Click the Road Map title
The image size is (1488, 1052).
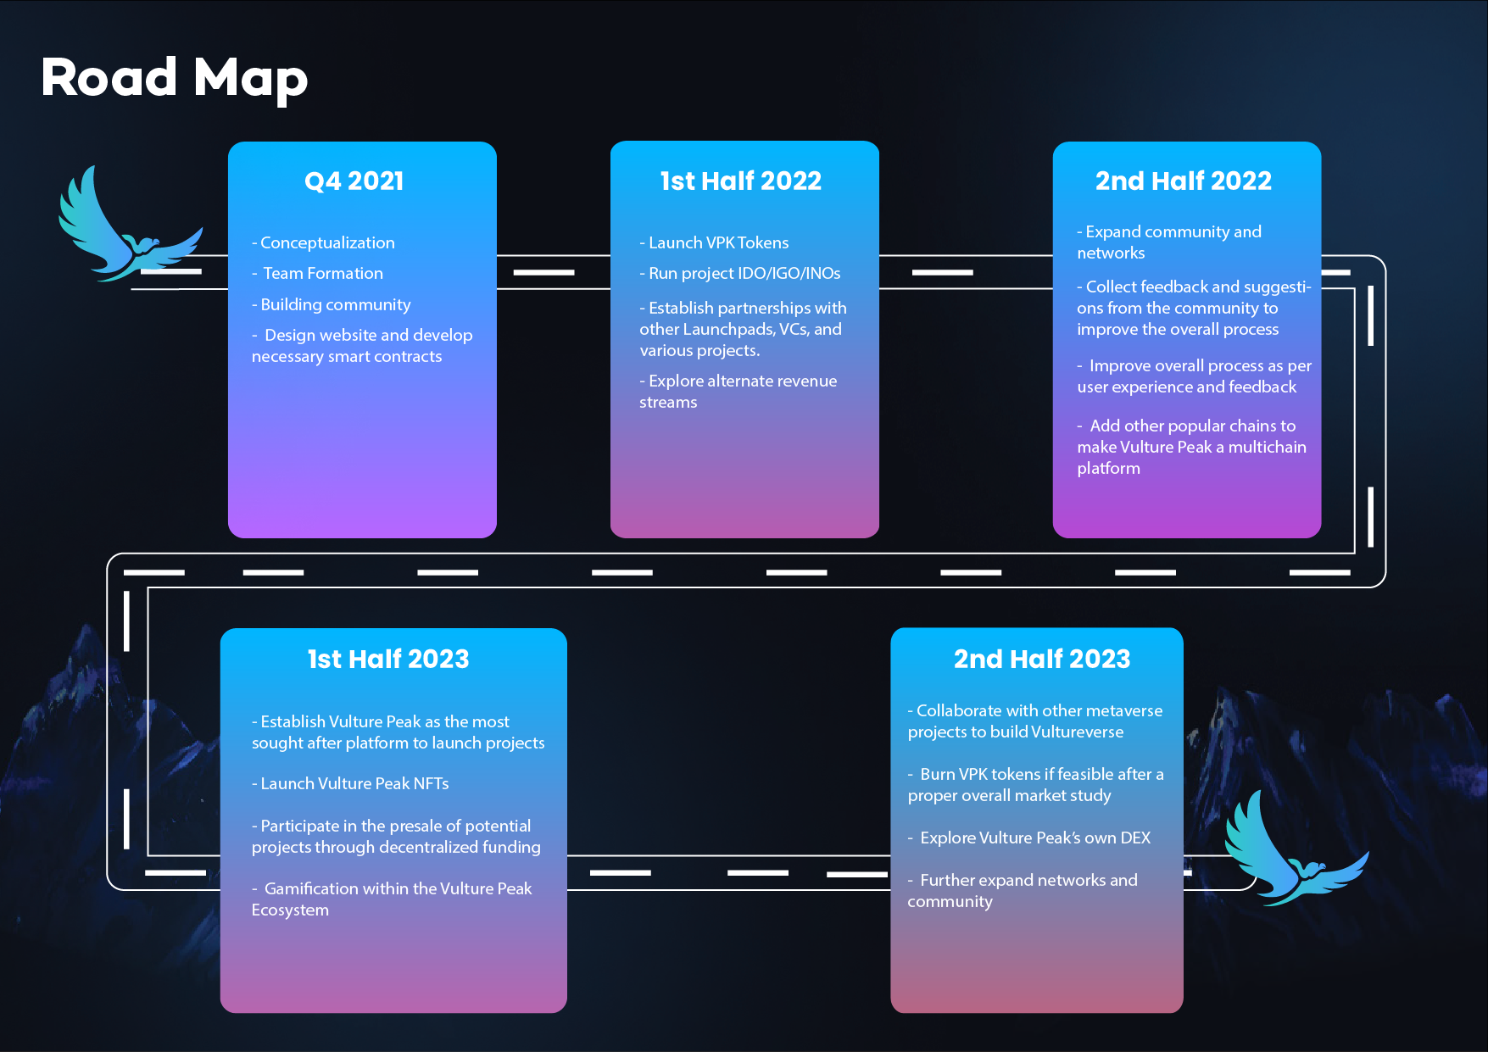tap(174, 78)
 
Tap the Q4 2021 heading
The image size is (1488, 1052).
tap(354, 181)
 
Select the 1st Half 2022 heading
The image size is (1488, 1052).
tap(741, 181)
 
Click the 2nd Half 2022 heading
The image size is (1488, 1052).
tap(1184, 181)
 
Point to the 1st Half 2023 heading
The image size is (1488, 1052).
tap(388, 659)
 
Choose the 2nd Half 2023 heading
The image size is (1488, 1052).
tap(1042, 659)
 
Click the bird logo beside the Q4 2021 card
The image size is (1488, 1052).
tap(130, 225)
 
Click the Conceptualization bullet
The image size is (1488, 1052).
tap(323, 242)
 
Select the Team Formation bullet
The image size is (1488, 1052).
tap(318, 273)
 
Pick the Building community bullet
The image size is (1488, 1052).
tap(331, 304)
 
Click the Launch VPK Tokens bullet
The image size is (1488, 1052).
tap(714, 242)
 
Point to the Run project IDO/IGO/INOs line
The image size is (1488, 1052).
tap(740, 273)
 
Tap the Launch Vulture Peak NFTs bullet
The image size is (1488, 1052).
tap(350, 783)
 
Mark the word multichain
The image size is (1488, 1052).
tap(1268, 447)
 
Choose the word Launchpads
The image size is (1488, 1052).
tap(728, 329)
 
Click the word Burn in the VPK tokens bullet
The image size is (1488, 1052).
tap(937, 774)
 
